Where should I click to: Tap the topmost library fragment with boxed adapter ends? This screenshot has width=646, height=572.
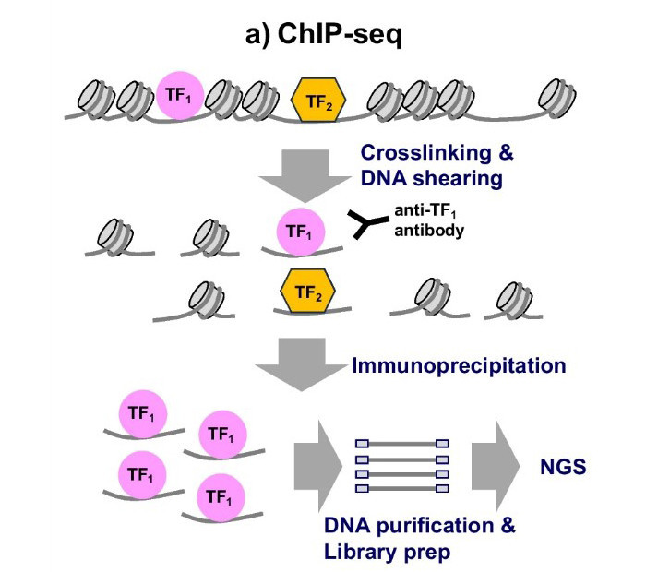pyautogui.click(x=401, y=444)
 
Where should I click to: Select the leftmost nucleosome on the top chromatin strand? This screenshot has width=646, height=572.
pyautogui.click(x=94, y=96)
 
